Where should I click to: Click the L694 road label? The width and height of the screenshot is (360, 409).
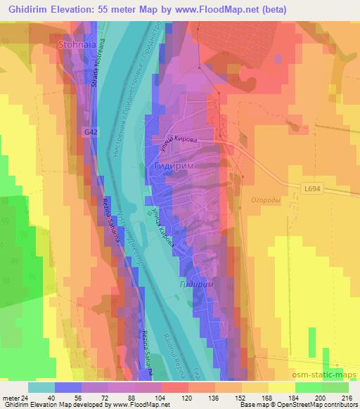point(314,188)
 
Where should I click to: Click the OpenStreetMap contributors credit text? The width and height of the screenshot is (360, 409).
point(321,405)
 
